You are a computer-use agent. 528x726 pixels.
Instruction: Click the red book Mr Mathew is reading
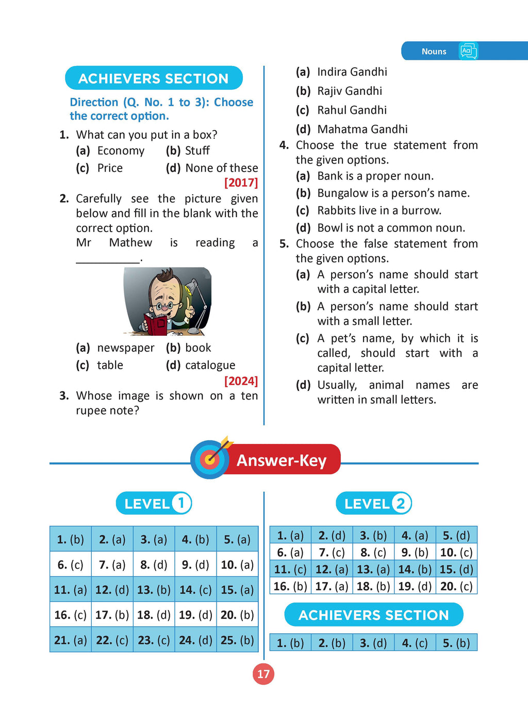pyautogui.click(x=155, y=324)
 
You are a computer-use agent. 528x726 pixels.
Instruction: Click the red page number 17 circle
pyautogui.click(x=263, y=674)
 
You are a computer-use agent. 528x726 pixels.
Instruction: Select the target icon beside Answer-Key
pyautogui.click(x=210, y=458)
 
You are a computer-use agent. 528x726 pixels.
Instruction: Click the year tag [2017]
pyautogui.click(x=241, y=183)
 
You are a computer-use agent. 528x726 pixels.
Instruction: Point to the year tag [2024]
pyautogui.click(x=241, y=381)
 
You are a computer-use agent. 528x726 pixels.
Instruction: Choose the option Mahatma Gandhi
pyautogui.click(x=362, y=129)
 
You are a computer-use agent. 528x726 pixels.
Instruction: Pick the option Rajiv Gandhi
pyautogui.click(x=350, y=91)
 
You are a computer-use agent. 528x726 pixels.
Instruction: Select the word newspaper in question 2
pyautogui.click(x=126, y=348)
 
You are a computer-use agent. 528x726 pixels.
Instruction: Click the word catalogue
pyautogui.click(x=210, y=365)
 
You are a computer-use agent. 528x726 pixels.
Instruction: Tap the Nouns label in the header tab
pyautogui.click(x=434, y=52)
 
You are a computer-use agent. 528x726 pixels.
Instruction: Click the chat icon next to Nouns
pyautogui.click(x=468, y=51)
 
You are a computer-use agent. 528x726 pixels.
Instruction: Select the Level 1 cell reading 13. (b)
pyautogui.click(x=154, y=590)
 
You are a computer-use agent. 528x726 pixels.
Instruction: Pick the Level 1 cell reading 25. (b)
pyautogui.click(x=237, y=640)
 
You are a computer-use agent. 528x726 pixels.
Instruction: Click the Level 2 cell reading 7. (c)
pyautogui.click(x=332, y=552)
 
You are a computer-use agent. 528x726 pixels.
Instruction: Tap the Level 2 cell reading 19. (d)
pyautogui.click(x=415, y=586)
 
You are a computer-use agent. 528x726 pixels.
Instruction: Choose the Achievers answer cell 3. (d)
pyautogui.click(x=373, y=643)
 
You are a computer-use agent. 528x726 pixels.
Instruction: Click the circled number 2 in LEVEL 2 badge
pyautogui.click(x=401, y=503)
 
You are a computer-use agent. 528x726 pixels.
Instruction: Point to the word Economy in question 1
pyautogui.click(x=121, y=151)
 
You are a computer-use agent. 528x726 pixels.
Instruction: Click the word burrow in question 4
pyautogui.click(x=422, y=210)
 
